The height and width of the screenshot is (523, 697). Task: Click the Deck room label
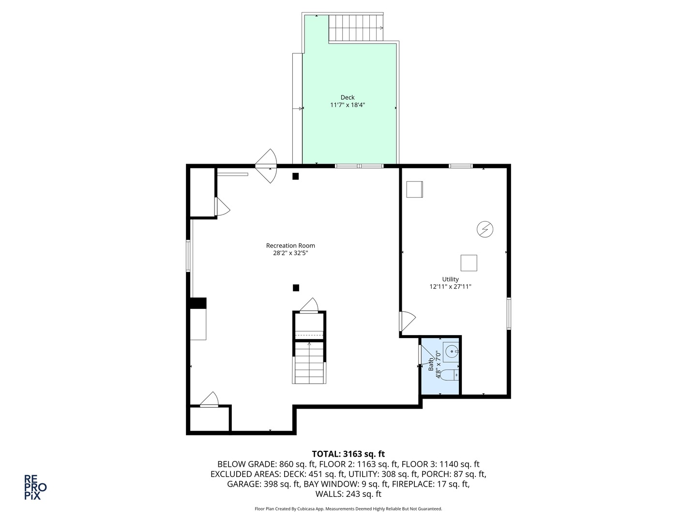pos(348,97)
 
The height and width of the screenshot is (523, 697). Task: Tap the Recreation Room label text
pos(290,246)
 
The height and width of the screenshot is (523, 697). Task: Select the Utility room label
pos(450,279)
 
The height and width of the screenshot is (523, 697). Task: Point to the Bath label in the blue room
pos(431,364)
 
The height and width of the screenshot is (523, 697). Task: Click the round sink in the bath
pos(451,352)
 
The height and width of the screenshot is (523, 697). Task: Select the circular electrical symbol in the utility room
pos(485,229)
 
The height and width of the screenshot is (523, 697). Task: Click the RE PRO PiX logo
pos(35,487)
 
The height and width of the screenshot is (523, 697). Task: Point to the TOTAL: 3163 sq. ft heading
pos(348,454)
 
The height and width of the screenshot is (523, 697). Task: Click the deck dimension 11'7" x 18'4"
pos(348,105)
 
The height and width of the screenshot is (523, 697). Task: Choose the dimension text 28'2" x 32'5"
pos(290,253)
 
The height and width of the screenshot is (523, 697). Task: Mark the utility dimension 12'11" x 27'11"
pos(450,287)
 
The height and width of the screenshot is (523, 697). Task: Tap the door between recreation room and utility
pos(408,321)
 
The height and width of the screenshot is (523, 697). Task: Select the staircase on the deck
pos(356,28)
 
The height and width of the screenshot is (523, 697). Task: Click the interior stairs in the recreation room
pos(309,363)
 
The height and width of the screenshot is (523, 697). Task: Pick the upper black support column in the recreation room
pos(295,176)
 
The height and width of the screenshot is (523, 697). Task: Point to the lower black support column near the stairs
pos(296,288)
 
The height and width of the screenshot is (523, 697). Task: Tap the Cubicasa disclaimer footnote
pos(348,508)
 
